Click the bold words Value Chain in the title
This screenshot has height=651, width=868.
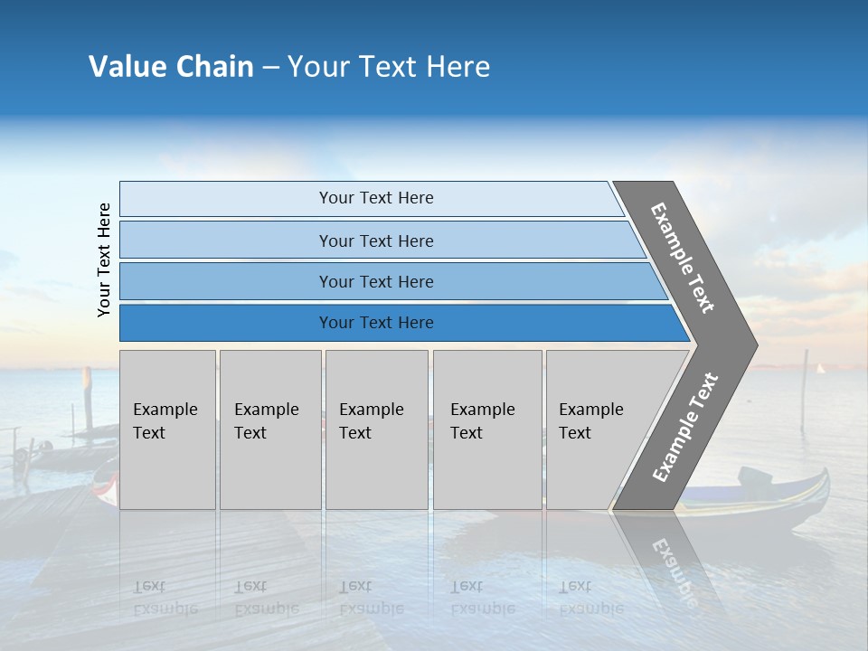coord(171,67)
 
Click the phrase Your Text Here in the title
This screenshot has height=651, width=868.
coord(389,67)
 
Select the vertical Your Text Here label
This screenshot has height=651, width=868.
coord(104,259)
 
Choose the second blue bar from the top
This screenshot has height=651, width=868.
coord(375,241)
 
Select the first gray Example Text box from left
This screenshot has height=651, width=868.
coord(167,429)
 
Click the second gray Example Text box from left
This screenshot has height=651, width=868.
coord(269,429)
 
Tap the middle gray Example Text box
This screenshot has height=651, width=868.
coord(376,429)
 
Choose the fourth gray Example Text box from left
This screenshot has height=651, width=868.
coord(486,429)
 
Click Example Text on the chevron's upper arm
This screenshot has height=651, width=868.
coord(683,258)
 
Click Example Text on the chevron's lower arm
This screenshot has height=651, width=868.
coord(685,428)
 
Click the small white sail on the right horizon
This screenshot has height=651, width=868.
coord(821,368)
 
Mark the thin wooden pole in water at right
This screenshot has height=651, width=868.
coord(804,389)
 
